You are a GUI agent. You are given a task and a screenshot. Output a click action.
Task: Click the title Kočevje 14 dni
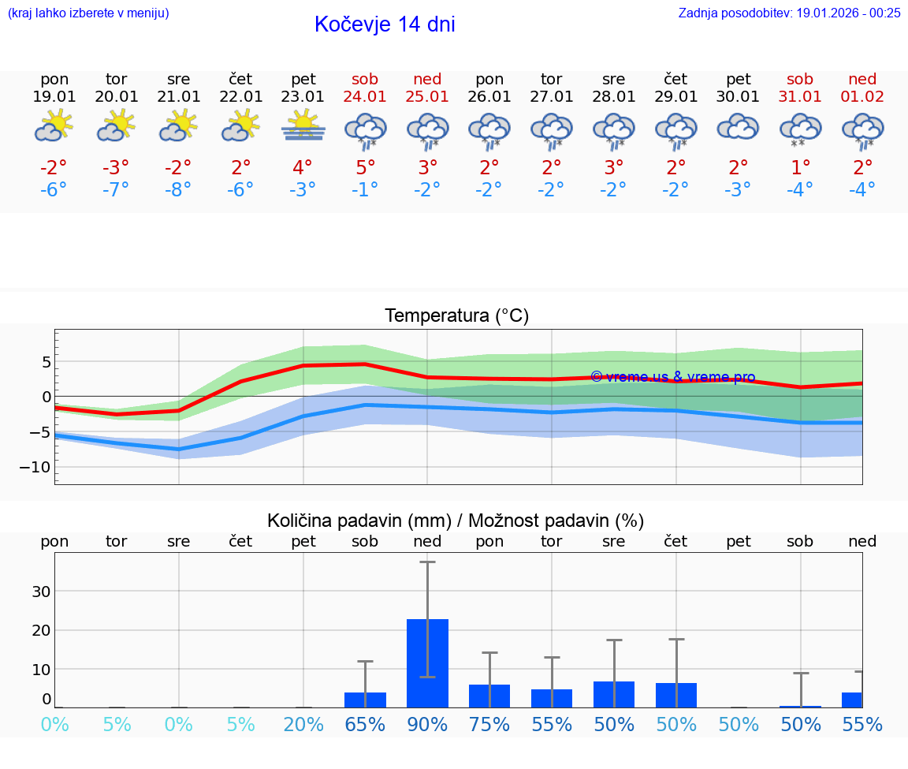point(385,24)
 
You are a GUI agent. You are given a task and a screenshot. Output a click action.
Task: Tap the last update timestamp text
point(789,13)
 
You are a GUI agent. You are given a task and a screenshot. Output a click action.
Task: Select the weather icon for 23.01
point(303,126)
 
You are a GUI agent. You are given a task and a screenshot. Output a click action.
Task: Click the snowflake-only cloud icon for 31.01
point(800,129)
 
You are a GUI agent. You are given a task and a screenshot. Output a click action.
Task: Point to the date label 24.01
point(366,96)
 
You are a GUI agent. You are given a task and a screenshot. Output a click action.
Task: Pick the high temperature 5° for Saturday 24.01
point(366,167)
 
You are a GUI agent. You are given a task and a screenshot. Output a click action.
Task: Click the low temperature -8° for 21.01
point(179,189)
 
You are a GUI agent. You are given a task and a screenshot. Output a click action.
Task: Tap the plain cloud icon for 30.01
point(738,126)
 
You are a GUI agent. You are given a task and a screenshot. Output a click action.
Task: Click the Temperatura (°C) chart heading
point(456,316)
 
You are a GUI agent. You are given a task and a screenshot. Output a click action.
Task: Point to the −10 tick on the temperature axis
point(36,467)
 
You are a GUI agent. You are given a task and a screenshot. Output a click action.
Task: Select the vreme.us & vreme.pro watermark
point(672,377)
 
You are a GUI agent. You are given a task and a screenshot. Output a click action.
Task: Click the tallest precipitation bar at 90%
point(427,663)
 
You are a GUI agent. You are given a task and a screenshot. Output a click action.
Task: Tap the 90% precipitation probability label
point(427,724)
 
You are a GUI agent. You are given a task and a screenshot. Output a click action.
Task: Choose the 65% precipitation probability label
point(366,724)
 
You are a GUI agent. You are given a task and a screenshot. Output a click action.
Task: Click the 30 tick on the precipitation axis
point(41,592)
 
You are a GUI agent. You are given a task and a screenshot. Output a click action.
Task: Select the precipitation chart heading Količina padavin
point(455,521)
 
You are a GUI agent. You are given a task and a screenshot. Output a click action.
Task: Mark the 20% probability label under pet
point(303,724)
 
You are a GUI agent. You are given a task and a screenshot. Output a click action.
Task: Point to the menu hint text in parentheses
point(88,13)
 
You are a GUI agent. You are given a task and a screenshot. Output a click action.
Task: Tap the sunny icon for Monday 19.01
point(54,126)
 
